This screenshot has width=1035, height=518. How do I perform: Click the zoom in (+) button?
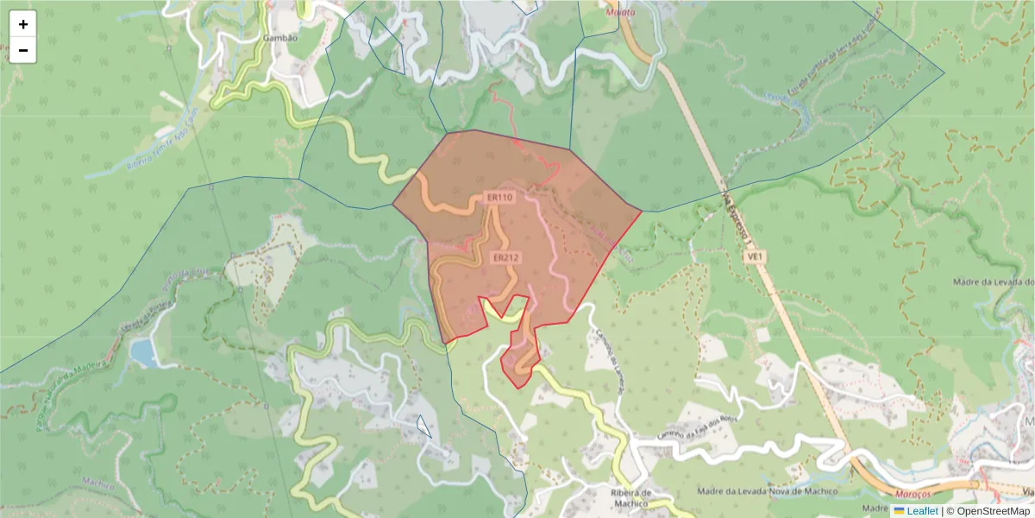(23, 24)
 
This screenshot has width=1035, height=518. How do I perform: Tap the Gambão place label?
(279, 38)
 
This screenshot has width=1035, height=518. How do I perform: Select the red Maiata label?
(621, 12)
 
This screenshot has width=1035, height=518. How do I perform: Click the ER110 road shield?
(499, 198)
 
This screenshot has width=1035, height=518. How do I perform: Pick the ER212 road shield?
(506, 257)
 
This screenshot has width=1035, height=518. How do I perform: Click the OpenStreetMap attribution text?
(994, 511)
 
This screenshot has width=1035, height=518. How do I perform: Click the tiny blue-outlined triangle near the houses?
(423, 426)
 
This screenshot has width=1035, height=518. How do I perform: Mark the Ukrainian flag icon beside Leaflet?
(899, 511)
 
